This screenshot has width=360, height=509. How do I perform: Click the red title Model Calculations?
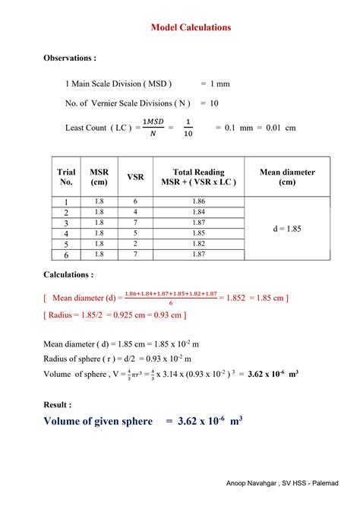(191, 27)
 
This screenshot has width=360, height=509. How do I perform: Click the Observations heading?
(70, 58)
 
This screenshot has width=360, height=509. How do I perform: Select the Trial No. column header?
(67, 177)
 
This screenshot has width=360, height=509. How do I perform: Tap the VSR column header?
(135, 177)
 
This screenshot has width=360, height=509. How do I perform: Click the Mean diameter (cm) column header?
(287, 177)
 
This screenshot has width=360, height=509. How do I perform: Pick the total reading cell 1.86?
(199, 201)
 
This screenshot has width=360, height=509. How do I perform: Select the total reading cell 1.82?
(199, 244)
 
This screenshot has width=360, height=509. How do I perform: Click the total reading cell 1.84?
(199, 212)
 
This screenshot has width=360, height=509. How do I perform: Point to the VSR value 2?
(135, 244)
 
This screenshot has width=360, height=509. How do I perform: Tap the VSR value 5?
(135, 233)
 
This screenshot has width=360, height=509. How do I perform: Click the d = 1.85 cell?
(287, 228)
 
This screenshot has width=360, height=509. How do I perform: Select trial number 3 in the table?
(67, 223)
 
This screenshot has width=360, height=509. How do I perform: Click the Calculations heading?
(68, 275)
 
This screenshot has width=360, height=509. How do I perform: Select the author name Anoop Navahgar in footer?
(255, 484)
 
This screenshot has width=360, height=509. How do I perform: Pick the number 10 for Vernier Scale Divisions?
(214, 103)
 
